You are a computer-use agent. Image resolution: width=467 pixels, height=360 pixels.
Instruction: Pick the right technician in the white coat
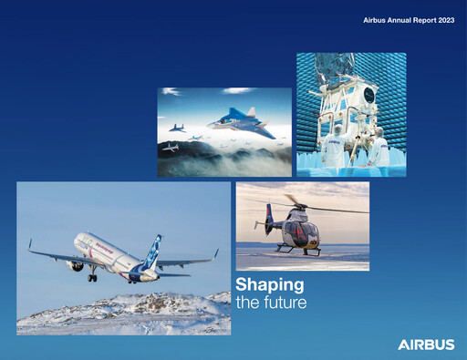coord(378,146)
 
